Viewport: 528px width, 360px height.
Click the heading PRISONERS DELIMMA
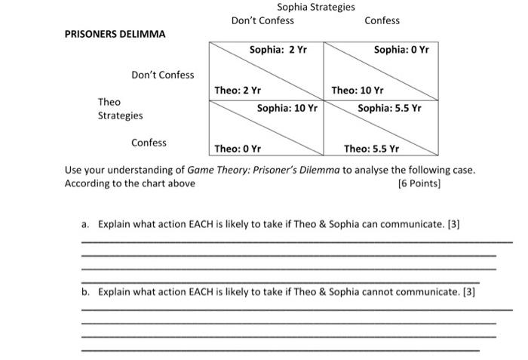tap(115, 34)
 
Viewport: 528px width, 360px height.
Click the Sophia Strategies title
tap(315, 7)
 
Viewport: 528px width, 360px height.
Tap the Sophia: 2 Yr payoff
tap(278, 50)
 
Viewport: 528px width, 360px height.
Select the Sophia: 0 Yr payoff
tap(401, 50)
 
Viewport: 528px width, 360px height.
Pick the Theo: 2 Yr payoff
tap(238, 90)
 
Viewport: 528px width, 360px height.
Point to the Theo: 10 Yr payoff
tap(358, 90)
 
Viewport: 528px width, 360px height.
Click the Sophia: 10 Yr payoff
tap(287, 108)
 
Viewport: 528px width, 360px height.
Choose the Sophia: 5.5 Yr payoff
tap(389, 108)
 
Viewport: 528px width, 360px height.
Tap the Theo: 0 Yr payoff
tap(238, 149)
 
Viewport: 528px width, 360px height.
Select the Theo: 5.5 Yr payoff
tap(372, 149)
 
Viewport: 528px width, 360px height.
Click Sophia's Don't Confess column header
tap(262, 20)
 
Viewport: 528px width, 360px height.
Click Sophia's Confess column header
tap(382, 20)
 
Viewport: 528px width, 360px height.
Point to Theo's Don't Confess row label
tap(162, 75)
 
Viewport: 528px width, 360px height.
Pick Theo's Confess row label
tap(149, 143)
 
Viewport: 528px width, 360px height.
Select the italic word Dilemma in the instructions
tap(320, 170)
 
